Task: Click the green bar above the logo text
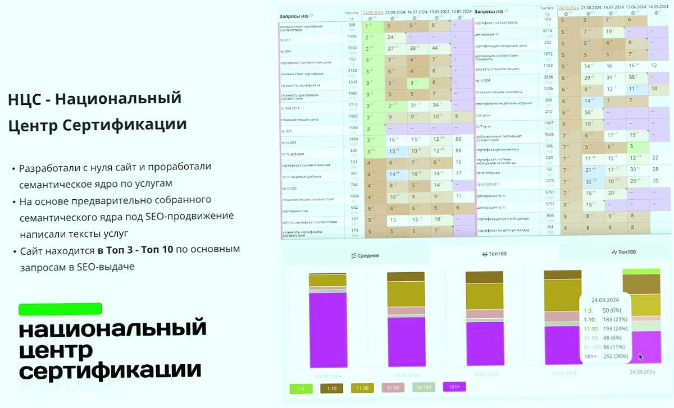[x=60, y=309]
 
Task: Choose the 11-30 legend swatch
[x=363, y=388]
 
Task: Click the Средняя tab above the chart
[x=365, y=255]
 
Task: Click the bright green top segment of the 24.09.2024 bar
[x=641, y=271]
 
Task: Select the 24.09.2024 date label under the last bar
[x=641, y=372]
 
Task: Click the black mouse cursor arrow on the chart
[x=641, y=356]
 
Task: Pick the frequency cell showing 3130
[x=352, y=48]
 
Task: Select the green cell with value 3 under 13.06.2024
[x=631, y=146]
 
